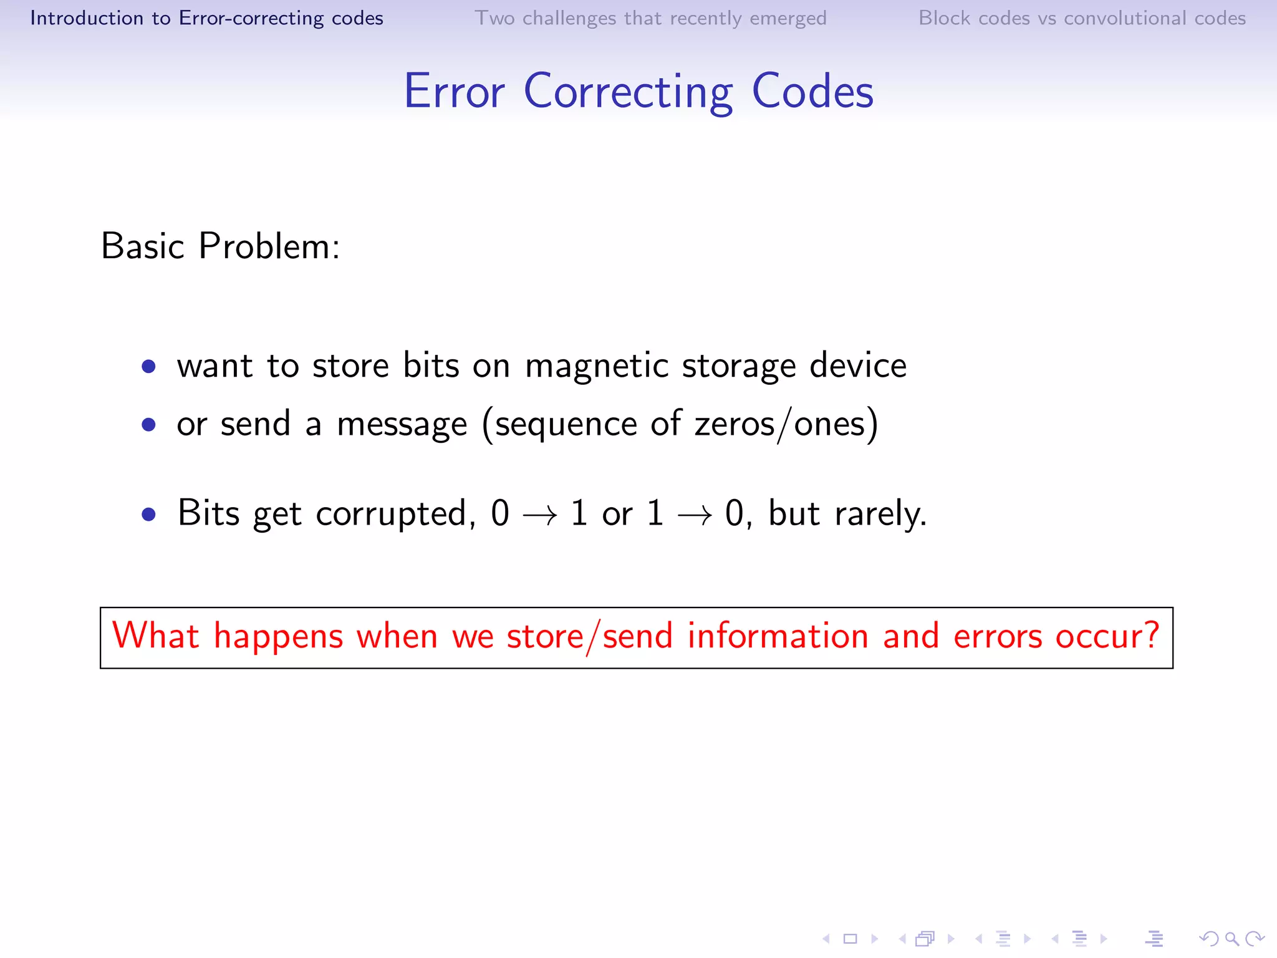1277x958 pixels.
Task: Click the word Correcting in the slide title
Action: click(629, 92)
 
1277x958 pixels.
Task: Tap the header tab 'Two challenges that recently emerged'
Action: click(650, 18)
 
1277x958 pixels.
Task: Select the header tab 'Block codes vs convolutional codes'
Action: click(1082, 18)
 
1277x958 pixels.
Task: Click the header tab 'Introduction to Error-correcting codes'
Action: click(206, 18)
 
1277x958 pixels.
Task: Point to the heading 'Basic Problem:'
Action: click(220, 246)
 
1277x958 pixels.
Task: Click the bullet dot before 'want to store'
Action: click(148, 366)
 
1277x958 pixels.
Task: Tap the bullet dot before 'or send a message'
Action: click(148, 425)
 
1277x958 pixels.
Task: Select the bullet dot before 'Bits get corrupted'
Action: click(148, 515)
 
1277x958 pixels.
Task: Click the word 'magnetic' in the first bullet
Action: click(596, 366)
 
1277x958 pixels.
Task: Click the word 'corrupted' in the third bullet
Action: click(392, 515)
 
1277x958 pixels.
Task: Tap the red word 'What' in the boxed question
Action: click(155, 636)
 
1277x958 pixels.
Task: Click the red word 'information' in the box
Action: click(778, 636)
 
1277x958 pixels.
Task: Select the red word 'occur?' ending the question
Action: click(1107, 636)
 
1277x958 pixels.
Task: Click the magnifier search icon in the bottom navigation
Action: click(1231, 939)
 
